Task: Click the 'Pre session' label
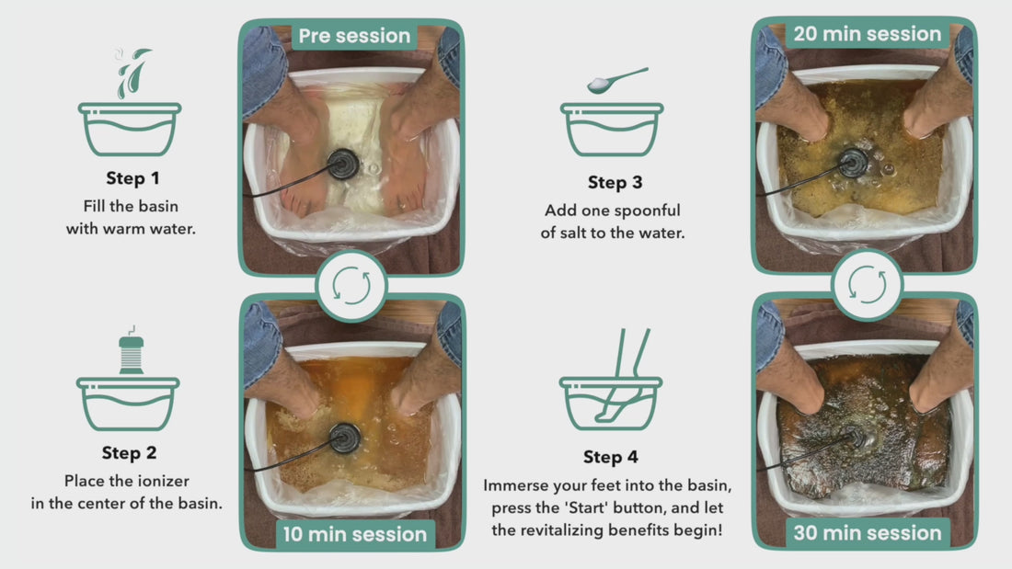pyautogui.click(x=354, y=36)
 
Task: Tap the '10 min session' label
pyautogui.click(x=355, y=534)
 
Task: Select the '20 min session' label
pyautogui.click(x=868, y=33)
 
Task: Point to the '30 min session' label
pyautogui.click(x=868, y=533)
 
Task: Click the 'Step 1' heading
pyautogui.click(x=132, y=178)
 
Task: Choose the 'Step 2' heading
pyautogui.click(x=129, y=453)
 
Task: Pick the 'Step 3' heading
pyautogui.click(x=615, y=183)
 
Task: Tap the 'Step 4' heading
pyautogui.click(x=611, y=457)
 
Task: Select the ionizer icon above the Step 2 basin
pyautogui.click(x=132, y=350)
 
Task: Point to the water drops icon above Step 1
pyautogui.click(x=133, y=73)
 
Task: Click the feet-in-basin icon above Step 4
pyautogui.click(x=611, y=380)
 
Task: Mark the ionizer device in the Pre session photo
pyautogui.click(x=343, y=164)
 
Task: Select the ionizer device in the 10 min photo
pyautogui.click(x=345, y=438)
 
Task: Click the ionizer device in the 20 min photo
pyautogui.click(x=853, y=163)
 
